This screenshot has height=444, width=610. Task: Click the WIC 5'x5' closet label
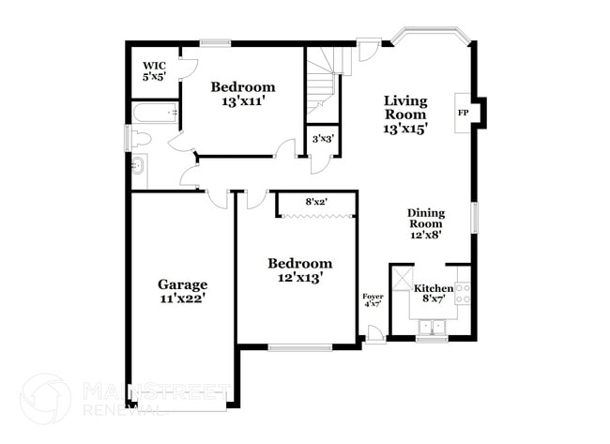(154, 70)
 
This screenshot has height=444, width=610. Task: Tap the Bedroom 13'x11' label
(242, 93)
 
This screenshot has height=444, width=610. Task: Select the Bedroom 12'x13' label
(299, 270)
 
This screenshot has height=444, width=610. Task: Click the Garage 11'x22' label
(182, 291)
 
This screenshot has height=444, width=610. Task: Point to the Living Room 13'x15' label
(405, 115)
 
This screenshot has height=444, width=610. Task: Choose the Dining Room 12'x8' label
(425, 223)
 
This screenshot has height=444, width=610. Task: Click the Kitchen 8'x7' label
(434, 293)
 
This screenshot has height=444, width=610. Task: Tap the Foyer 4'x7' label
(372, 300)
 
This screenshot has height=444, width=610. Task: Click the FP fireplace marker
(463, 113)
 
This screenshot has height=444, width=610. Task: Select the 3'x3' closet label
(323, 138)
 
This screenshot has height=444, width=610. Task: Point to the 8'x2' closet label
(315, 201)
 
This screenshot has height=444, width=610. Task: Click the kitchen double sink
(434, 327)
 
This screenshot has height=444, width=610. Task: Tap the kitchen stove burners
(462, 293)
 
